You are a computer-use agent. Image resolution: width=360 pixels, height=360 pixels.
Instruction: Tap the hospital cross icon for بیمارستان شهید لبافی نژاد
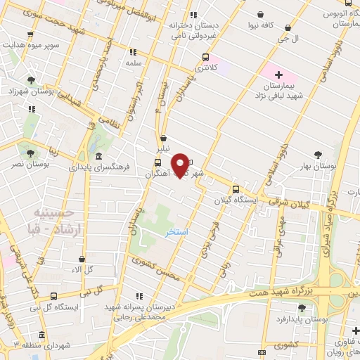click(x=279, y=74)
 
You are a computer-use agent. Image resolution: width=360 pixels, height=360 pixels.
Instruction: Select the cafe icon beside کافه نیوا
click(x=262, y=14)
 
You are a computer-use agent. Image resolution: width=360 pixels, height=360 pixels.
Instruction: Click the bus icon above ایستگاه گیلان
click(x=236, y=188)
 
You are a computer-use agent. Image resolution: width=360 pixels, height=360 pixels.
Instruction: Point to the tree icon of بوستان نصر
click(x=30, y=153)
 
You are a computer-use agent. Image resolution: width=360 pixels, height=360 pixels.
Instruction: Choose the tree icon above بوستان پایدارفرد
click(x=302, y=307)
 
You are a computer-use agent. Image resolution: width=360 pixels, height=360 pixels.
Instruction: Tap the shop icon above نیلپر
click(x=163, y=139)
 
